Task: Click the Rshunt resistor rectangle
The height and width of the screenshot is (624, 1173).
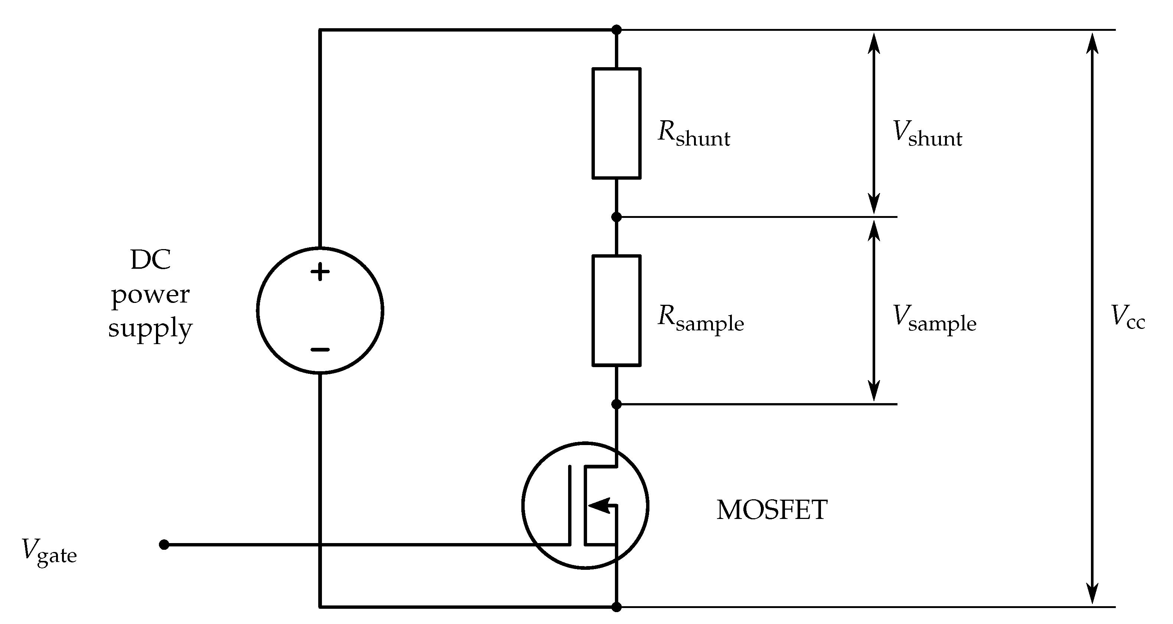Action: pyautogui.click(x=616, y=123)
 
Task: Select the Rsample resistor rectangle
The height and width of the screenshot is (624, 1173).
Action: pyautogui.click(x=616, y=311)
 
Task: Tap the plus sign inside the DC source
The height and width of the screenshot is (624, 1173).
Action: pyautogui.click(x=320, y=272)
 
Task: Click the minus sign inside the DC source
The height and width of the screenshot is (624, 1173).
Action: pyautogui.click(x=320, y=350)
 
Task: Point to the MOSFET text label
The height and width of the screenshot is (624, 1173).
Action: pyautogui.click(x=772, y=510)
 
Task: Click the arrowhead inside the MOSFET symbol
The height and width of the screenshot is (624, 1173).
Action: pyautogui.click(x=599, y=505)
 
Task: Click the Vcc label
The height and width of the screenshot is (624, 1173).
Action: pyautogui.click(x=1127, y=317)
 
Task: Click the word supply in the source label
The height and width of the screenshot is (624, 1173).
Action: pyautogui.click(x=150, y=329)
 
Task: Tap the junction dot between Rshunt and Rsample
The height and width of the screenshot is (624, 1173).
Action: pyautogui.click(x=616, y=217)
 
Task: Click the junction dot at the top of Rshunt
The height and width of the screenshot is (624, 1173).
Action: pyautogui.click(x=616, y=30)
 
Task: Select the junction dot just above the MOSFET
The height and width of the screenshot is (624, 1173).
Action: pyautogui.click(x=616, y=404)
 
